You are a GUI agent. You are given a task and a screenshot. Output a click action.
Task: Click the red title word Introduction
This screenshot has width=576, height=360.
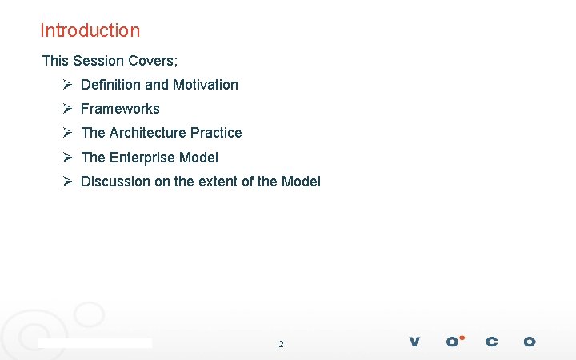click(x=90, y=30)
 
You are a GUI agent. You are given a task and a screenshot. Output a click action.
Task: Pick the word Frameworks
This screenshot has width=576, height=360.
click(x=120, y=109)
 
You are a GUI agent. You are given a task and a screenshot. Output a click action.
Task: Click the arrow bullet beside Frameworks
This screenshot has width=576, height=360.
click(x=68, y=109)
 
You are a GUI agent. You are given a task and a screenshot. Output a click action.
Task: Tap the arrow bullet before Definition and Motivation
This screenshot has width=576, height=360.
click(x=68, y=85)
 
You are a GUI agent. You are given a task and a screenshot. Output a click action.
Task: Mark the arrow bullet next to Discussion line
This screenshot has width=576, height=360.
click(x=68, y=182)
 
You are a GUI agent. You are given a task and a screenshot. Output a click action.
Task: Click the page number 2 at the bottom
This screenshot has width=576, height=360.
click(x=281, y=344)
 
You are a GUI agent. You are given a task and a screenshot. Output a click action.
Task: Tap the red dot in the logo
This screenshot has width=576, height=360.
click(x=462, y=338)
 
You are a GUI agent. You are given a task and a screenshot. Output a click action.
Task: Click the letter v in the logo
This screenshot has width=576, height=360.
click(x=414, y=342)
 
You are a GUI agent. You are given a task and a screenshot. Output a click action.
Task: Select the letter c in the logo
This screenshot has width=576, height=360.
click(x=491, y=342)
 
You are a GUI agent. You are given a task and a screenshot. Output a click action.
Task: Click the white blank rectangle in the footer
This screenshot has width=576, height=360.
click(x=95, y=342)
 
